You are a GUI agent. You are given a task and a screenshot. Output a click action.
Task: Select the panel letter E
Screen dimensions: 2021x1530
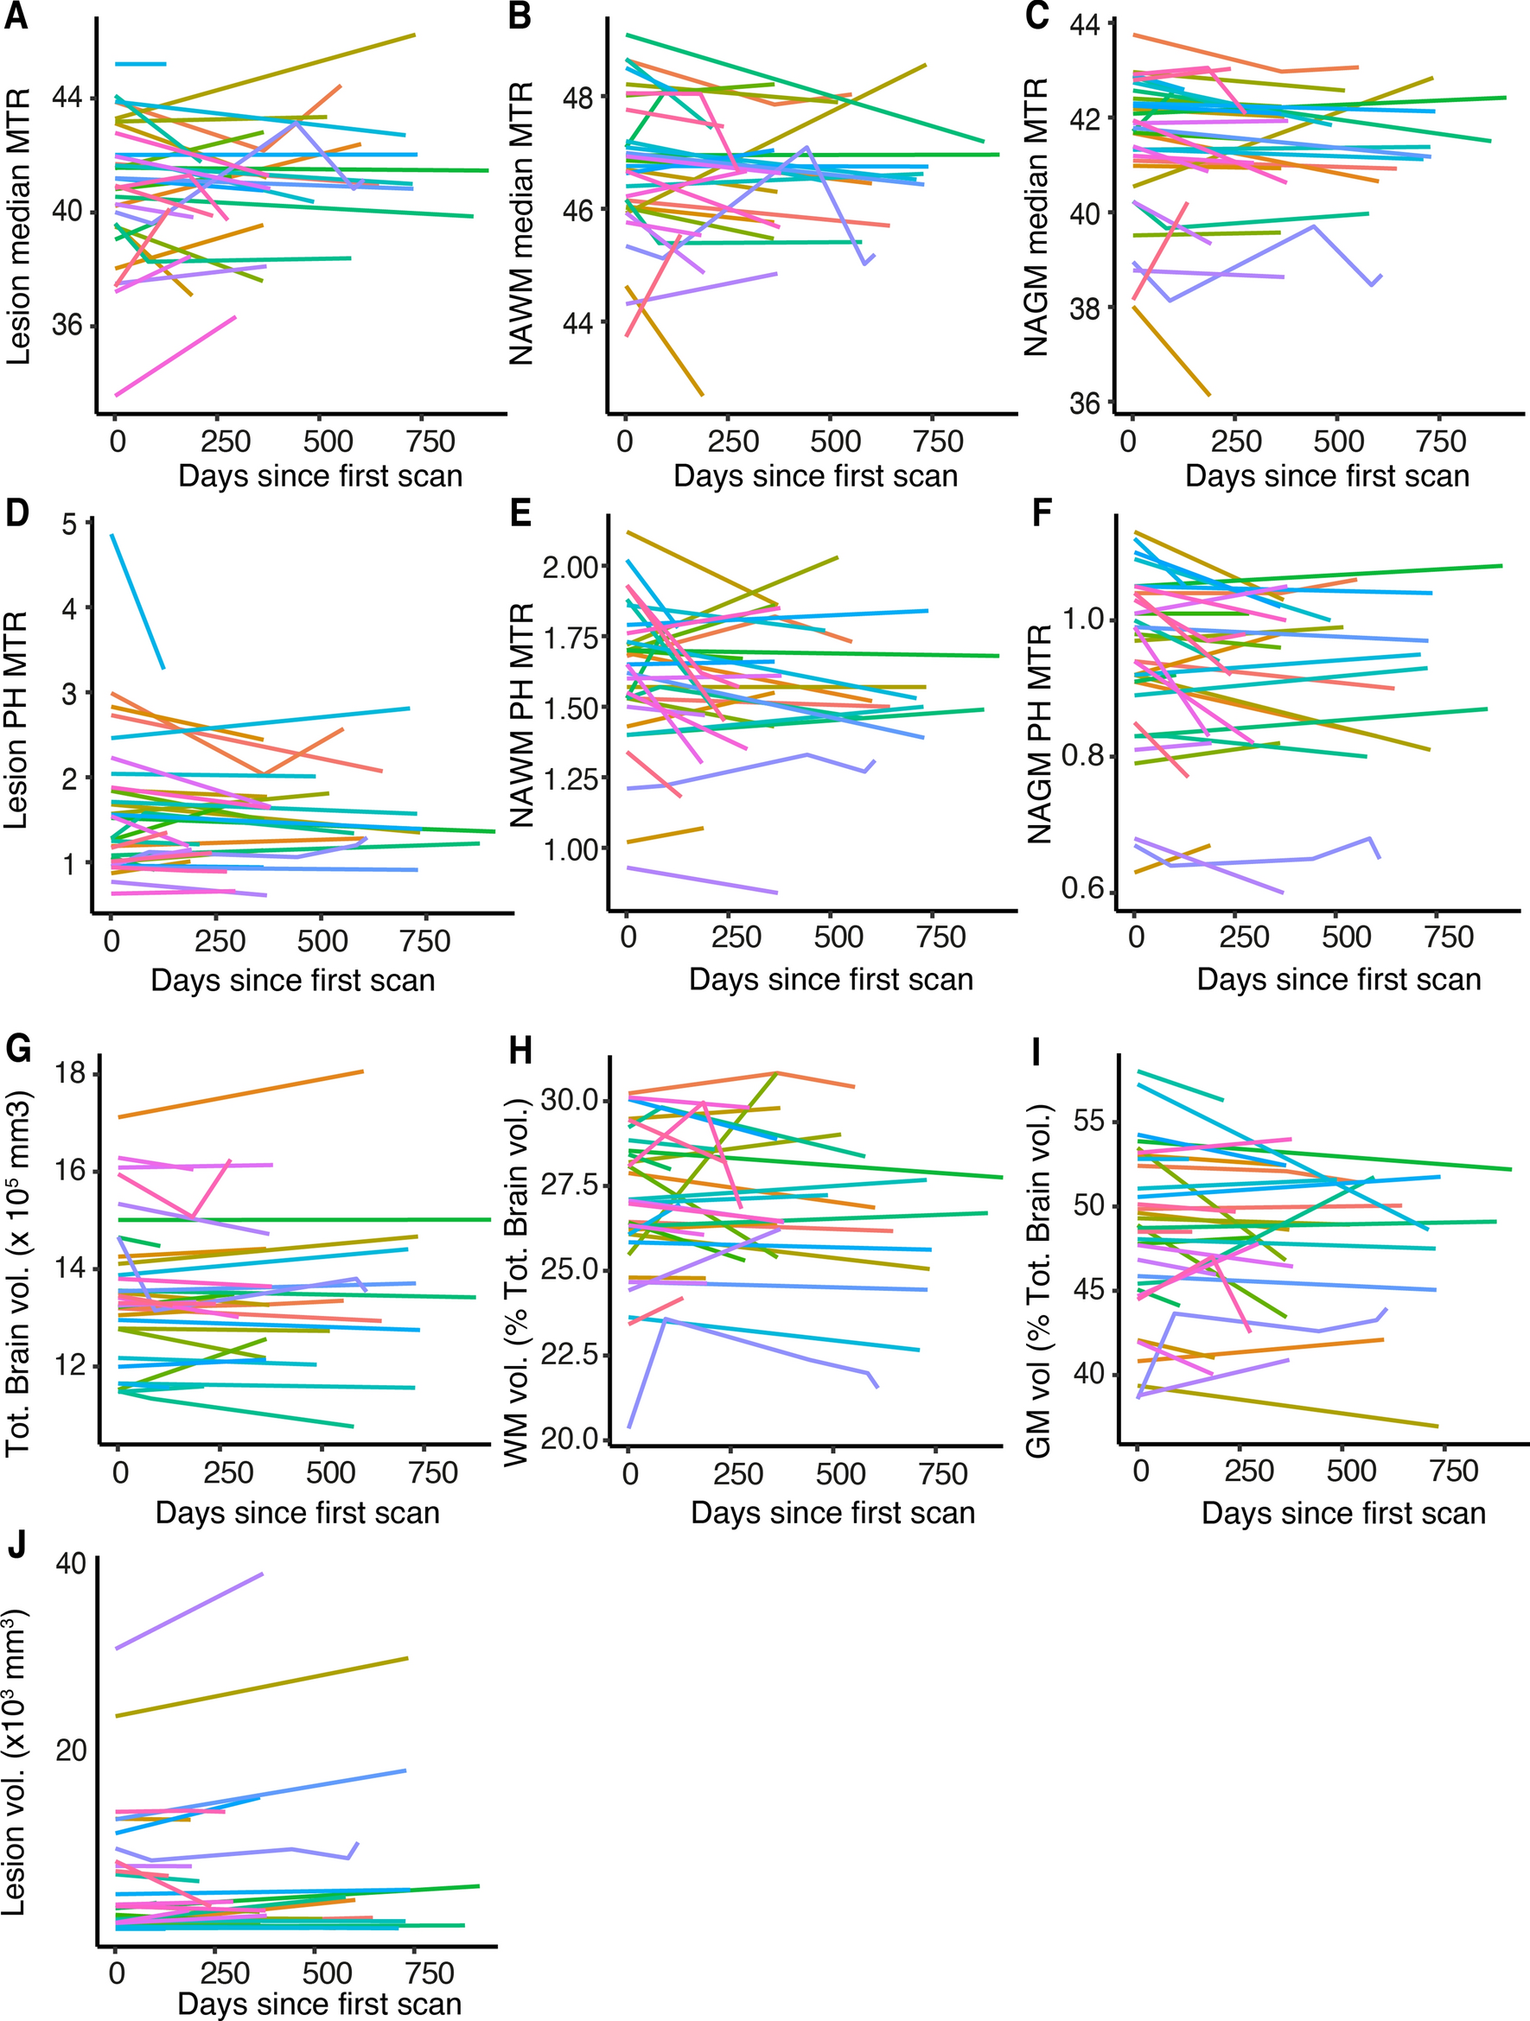click(x=520, y=513)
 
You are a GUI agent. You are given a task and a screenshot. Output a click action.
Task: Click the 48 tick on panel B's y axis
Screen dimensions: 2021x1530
click(x=576, y=97)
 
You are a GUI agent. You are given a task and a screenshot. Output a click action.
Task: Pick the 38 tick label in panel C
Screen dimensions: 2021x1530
click(x=1087, y=308)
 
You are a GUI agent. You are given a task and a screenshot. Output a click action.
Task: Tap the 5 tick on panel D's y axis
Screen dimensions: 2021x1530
click(x=68, y=523)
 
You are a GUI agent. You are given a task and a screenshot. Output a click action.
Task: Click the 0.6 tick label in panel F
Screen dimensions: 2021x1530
click(x=1084, y=889)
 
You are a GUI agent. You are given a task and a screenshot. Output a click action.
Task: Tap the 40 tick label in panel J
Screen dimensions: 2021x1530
click(x=70, y=1564)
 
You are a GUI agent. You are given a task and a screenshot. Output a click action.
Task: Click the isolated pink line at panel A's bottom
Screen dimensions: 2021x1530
click(x=174, y=356)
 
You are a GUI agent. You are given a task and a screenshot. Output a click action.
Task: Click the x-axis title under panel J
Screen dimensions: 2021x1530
click(x=319, y=2004)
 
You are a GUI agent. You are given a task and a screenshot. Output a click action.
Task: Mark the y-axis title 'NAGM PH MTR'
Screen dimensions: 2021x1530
click(x=1039, y=734)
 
